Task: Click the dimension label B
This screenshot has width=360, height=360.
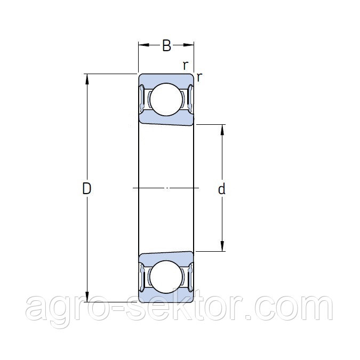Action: click(167, 45)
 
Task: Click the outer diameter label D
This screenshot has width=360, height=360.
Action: click(87, 188)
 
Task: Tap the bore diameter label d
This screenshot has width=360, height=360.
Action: click(221, 189)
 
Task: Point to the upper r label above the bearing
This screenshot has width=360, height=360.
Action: click(186, 66)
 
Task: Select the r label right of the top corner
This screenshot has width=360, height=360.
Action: click(199, 77)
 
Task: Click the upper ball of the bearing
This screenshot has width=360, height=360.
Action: click(166, 99)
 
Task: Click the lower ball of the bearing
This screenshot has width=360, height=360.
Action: click(166, 277)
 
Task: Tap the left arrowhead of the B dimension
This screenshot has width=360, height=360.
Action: click(143, 45)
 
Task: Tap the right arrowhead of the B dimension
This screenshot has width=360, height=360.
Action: click(189, 45)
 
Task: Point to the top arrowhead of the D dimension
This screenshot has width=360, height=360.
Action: click(87, 79)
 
